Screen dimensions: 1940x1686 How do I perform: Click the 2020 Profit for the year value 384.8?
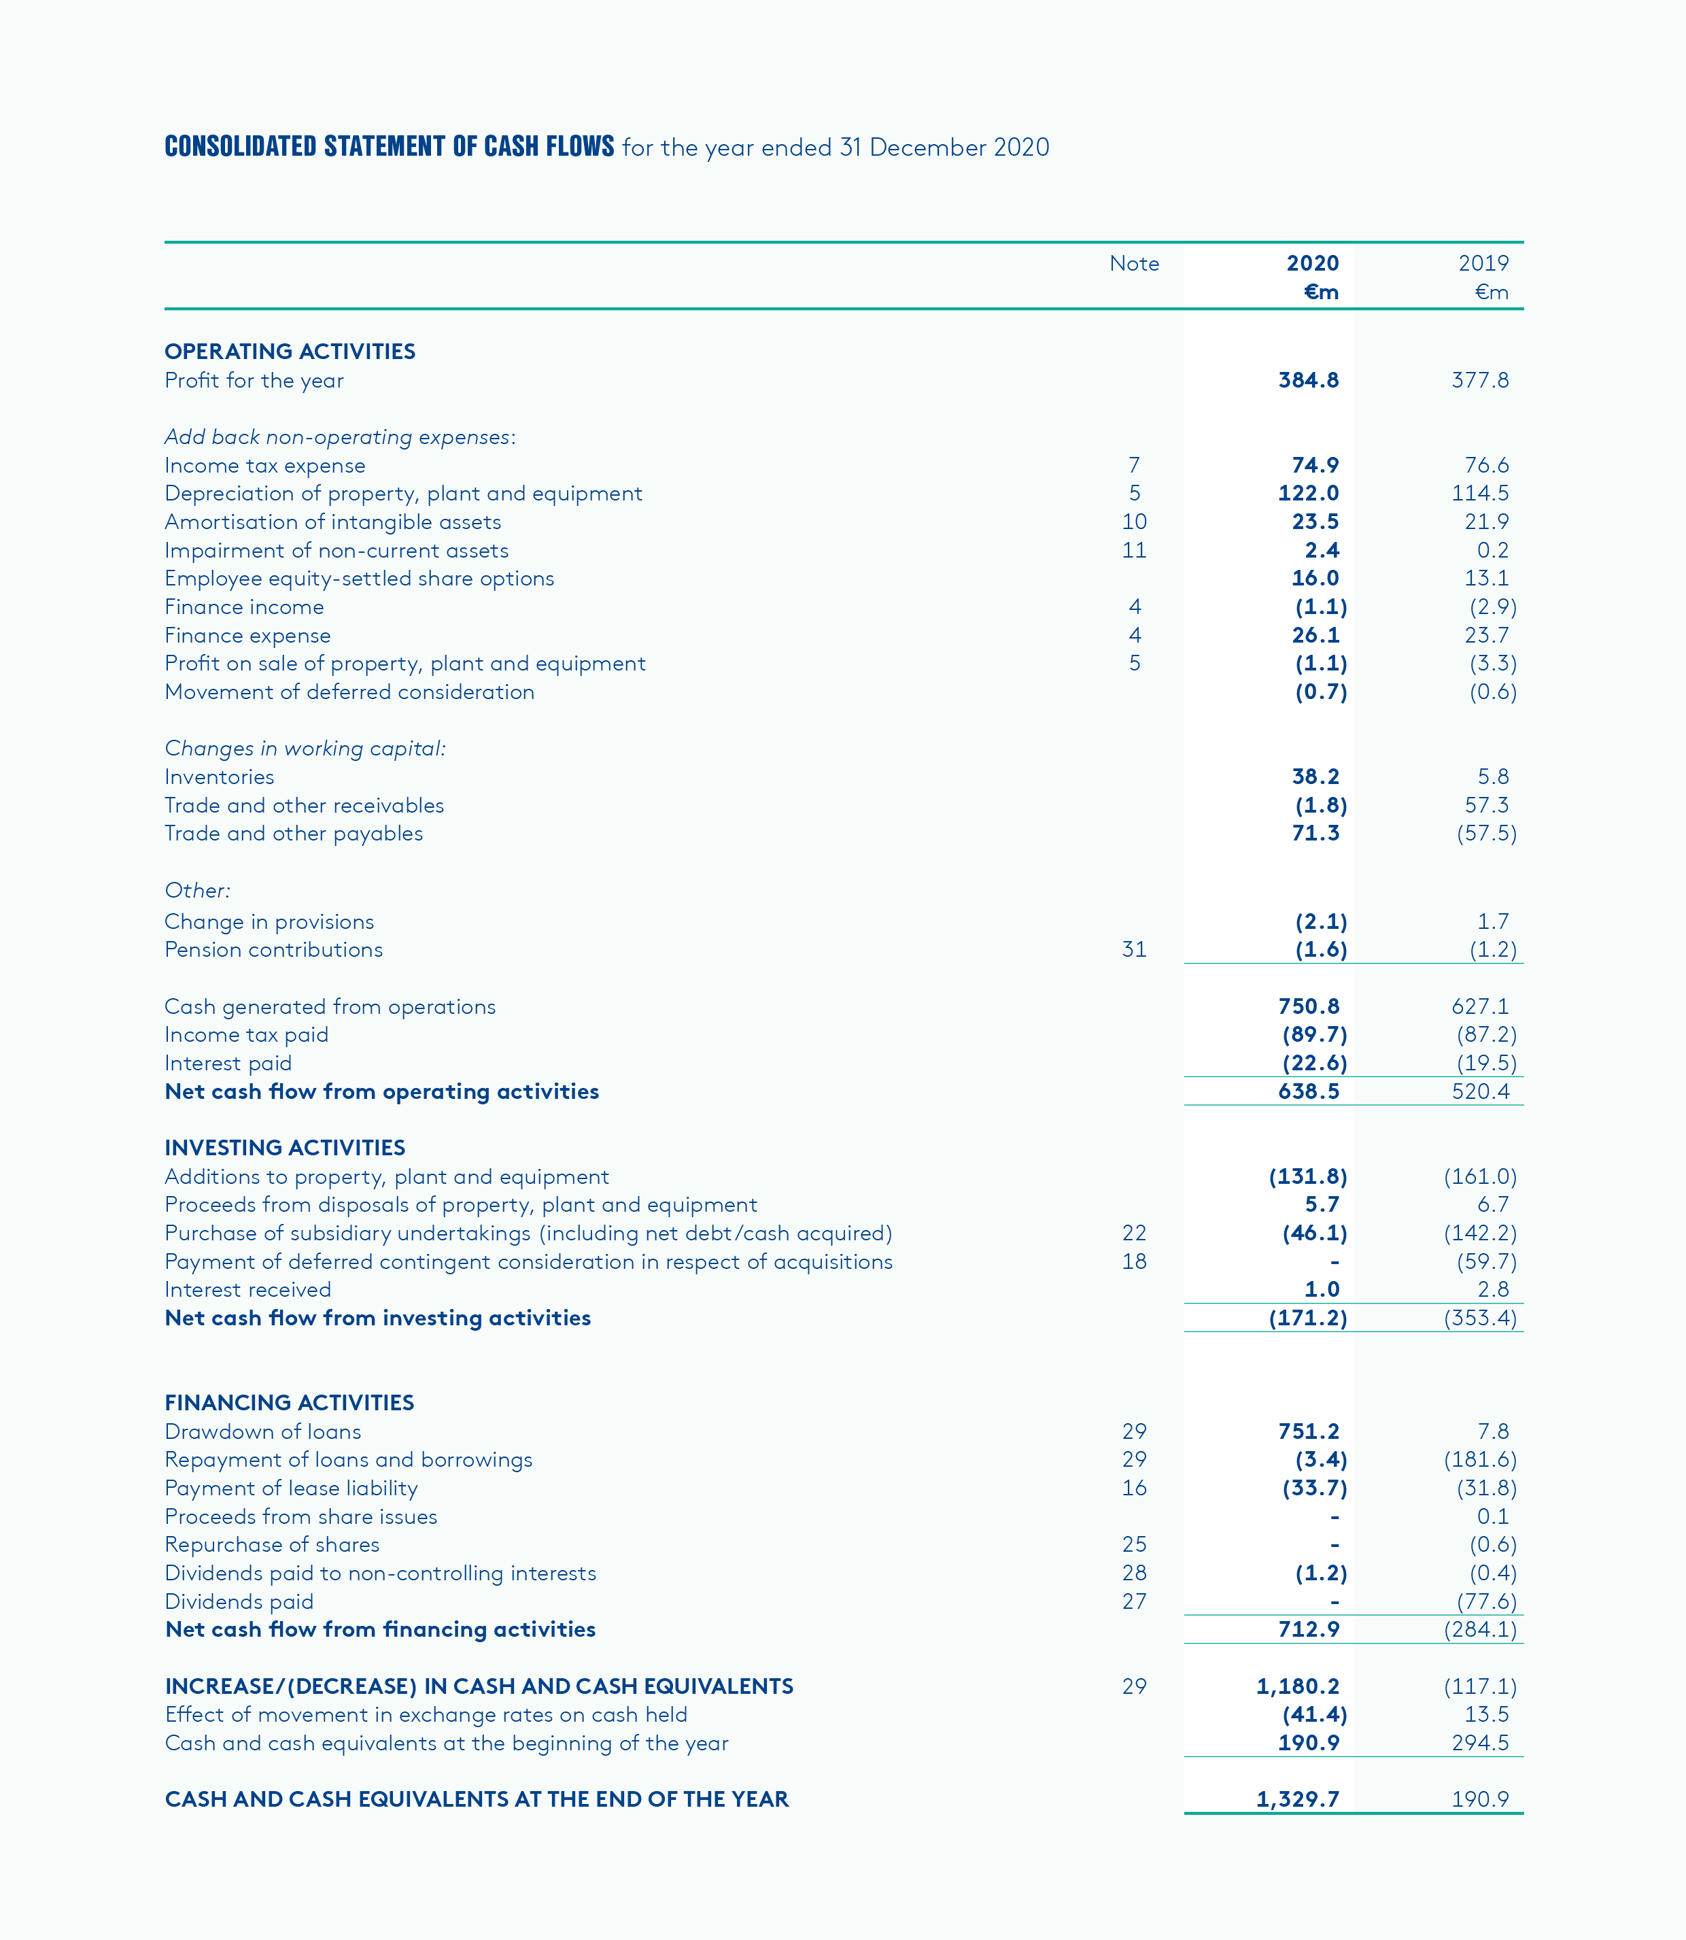coord(1308,380)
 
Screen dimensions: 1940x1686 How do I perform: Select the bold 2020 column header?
coord(1313,263)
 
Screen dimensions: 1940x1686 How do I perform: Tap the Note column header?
coord(1134,263)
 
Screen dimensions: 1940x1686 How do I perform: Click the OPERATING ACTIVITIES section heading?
coord(290,351)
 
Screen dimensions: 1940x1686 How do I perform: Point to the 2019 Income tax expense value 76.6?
coord(1487,465)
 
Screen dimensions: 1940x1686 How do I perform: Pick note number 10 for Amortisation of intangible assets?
coord(1134,522)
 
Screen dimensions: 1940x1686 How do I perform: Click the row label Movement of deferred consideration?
coord(349,692)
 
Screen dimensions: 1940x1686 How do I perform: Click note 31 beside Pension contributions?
coord(1134,949)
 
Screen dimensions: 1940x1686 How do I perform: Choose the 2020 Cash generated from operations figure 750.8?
coord(1308,1006)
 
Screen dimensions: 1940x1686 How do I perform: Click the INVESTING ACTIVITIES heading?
coord(284,1147)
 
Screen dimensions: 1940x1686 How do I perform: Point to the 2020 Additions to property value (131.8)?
coord(1308,1176)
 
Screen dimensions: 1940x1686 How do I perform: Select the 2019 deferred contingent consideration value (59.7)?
coord(1487,1261)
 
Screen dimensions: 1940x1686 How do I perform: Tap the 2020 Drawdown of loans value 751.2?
coord(1308,1431)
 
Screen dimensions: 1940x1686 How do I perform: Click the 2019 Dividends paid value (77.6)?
coord(1487,1601)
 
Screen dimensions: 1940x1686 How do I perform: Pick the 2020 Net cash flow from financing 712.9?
coord(1308,1629)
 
